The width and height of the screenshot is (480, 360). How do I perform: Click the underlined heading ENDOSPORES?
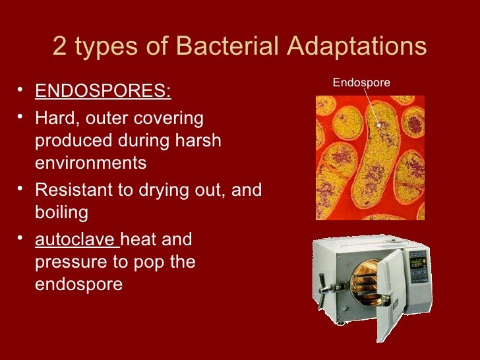(x=103, y=90)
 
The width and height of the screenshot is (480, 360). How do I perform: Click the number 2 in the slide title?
(x=59, y=47)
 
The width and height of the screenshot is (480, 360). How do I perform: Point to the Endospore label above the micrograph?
(x=361, y=82)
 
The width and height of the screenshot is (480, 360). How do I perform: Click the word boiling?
(x=61, y=213)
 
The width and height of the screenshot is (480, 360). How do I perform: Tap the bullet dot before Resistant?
(x=22, y=191)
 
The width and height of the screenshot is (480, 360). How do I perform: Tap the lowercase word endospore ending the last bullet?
(x=78, y=284)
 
